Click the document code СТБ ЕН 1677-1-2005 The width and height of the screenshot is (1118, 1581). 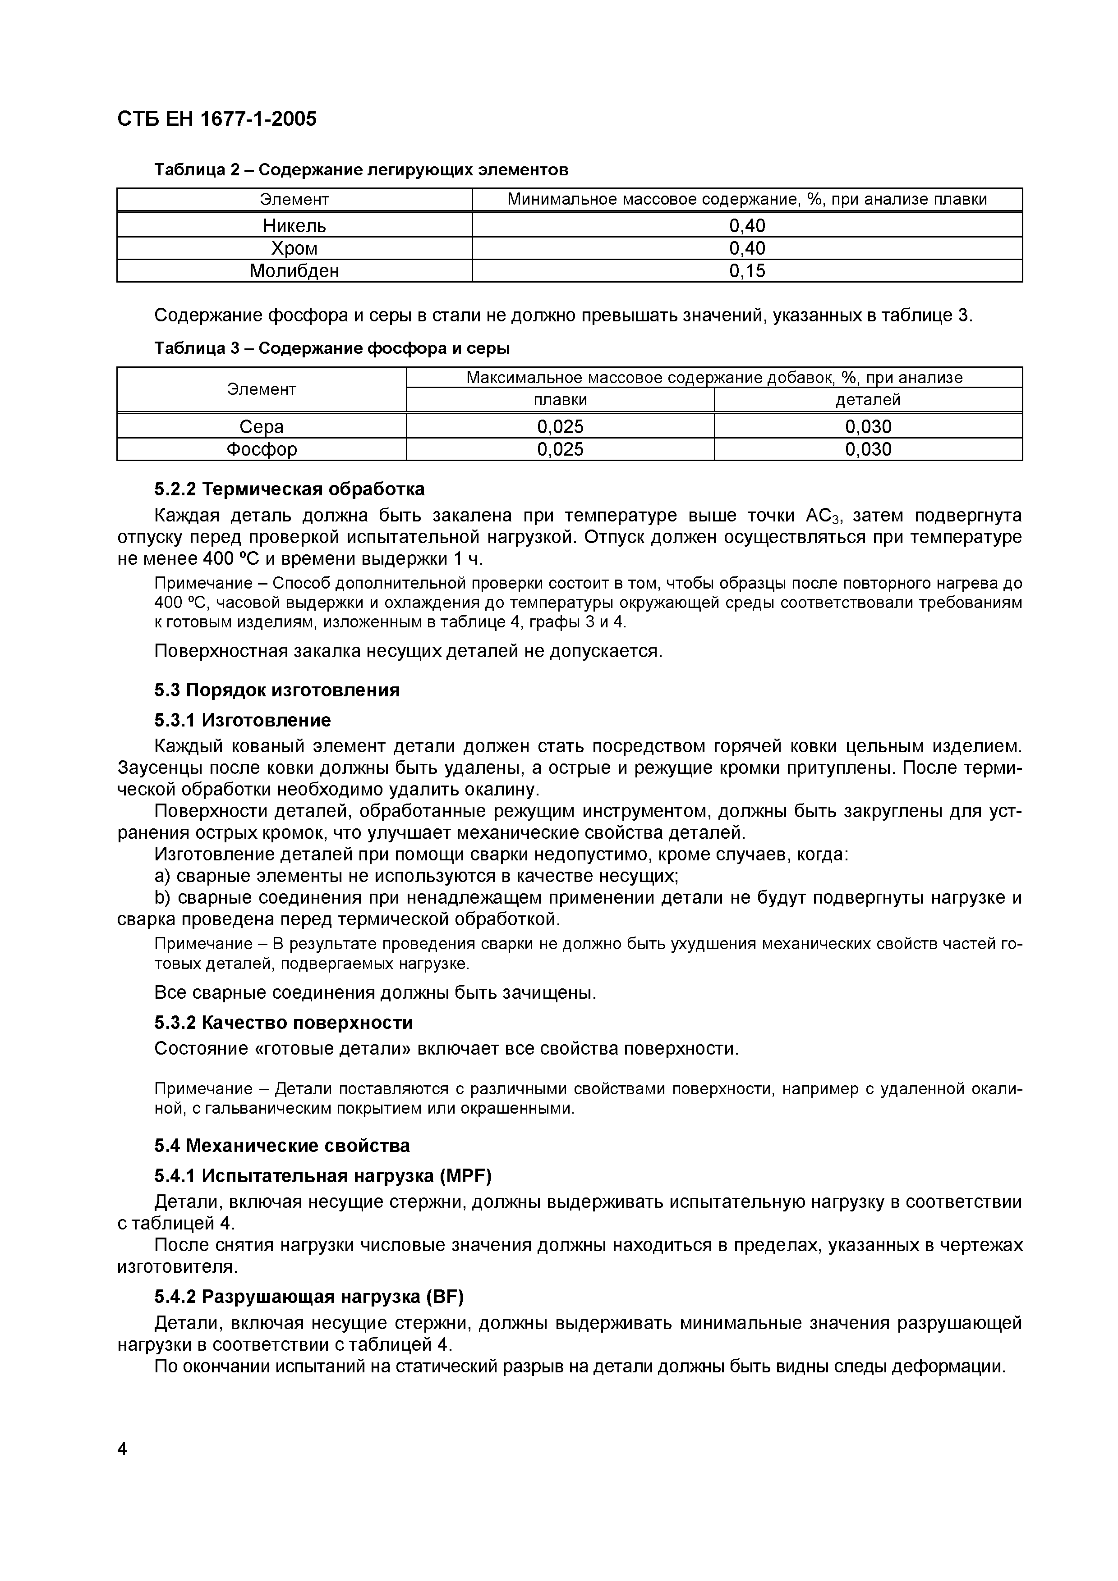[217, 119]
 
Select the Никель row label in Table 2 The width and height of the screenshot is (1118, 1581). [294, 225]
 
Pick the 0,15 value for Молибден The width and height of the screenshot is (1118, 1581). [747, 270]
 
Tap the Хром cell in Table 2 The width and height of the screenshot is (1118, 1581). [294, 248]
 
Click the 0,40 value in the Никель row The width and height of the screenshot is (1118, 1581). [747, 225]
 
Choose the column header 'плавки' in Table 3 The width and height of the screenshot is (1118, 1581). [560, 400]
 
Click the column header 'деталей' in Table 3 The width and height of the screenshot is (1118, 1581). [868, 400]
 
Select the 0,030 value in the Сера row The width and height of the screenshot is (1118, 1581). [868, 427]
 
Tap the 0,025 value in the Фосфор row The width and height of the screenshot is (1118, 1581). [560, 450]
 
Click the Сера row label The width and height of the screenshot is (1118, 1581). [261, 427]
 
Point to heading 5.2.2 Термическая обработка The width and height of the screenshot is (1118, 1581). [290, 489]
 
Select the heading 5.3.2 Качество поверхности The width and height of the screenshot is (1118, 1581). [283, 1023]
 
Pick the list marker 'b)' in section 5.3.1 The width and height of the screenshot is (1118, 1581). [162, 898]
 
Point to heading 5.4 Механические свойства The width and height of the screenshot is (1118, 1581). [282, 1146]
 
